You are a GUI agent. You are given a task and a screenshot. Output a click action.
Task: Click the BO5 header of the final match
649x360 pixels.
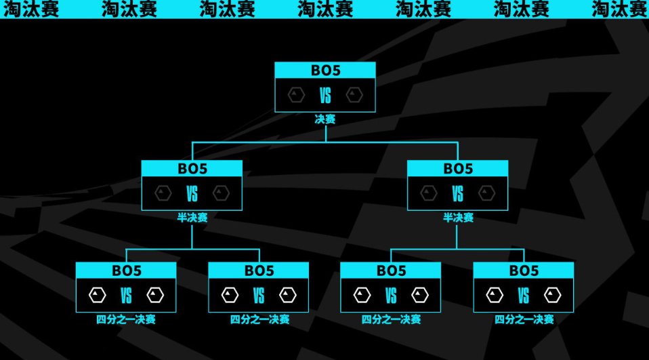coord(325,71)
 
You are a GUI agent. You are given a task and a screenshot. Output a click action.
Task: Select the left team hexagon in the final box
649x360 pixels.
coord(296,95)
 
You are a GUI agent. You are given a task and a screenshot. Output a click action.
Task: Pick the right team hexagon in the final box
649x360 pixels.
coord(354,95)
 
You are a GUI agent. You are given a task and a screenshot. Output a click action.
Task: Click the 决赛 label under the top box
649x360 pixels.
coord(325,119)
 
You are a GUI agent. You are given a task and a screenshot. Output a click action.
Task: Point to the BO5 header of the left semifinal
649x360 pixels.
coord(192,169)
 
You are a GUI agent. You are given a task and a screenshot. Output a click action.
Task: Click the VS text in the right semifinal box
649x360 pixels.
coord(458,194)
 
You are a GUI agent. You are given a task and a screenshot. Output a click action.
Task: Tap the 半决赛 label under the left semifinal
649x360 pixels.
coord(192,218)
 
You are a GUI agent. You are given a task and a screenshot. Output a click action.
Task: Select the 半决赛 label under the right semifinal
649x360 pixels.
coord(458,218)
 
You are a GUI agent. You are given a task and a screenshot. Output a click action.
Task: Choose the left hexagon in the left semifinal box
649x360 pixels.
coord(163,194)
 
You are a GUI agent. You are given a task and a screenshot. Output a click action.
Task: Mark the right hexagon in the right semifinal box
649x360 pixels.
coord(486,194)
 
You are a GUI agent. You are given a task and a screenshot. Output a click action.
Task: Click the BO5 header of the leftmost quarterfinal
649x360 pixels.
coord(126,271)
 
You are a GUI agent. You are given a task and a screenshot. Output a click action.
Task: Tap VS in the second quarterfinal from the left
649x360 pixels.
coord(258,296)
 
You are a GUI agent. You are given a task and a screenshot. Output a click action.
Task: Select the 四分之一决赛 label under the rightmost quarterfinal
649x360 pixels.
coord(524,319)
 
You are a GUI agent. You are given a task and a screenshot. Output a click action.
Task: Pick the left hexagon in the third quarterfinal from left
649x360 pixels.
coord(362,296)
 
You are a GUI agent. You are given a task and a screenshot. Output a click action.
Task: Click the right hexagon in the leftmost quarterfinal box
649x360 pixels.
coord(155,296)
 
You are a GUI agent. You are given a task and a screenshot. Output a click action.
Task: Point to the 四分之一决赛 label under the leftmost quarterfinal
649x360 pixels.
coord(126,319)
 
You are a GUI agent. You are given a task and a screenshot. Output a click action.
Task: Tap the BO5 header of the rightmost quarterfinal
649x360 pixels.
coord(524,271)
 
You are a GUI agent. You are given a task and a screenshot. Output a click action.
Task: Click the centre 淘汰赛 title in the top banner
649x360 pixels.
coord(325,9)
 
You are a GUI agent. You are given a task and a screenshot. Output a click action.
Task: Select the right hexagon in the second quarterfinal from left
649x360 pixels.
coord(287,296)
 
